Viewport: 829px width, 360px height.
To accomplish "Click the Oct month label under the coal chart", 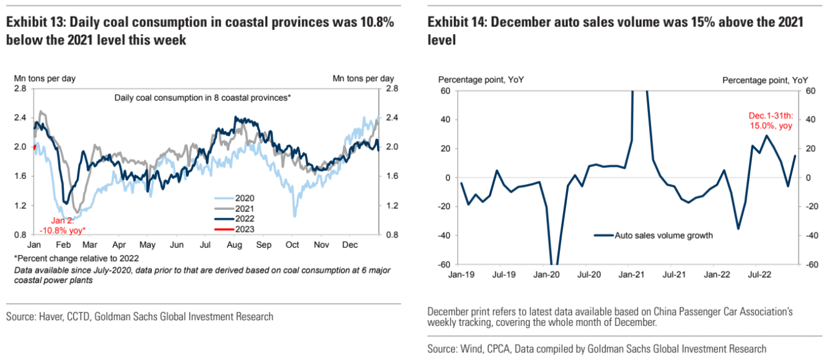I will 292,245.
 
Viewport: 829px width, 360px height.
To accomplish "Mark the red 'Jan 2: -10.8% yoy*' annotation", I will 62,225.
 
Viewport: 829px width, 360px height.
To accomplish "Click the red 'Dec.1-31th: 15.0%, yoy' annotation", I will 770,120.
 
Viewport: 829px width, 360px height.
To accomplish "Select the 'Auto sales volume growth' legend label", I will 664,235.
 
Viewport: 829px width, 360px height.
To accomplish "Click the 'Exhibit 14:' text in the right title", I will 456,23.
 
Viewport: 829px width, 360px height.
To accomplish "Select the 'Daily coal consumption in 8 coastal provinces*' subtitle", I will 203,98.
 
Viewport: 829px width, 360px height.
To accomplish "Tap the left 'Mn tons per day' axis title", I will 45,78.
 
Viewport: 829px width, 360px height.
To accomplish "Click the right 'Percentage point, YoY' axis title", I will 765,80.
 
